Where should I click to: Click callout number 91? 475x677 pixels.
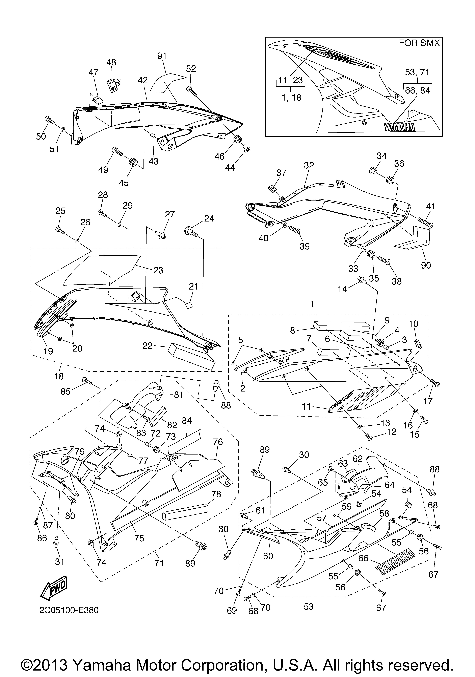tap(162, 56)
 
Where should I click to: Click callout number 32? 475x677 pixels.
tap(309, 165)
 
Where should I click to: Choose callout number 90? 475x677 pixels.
tap(426, 265)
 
